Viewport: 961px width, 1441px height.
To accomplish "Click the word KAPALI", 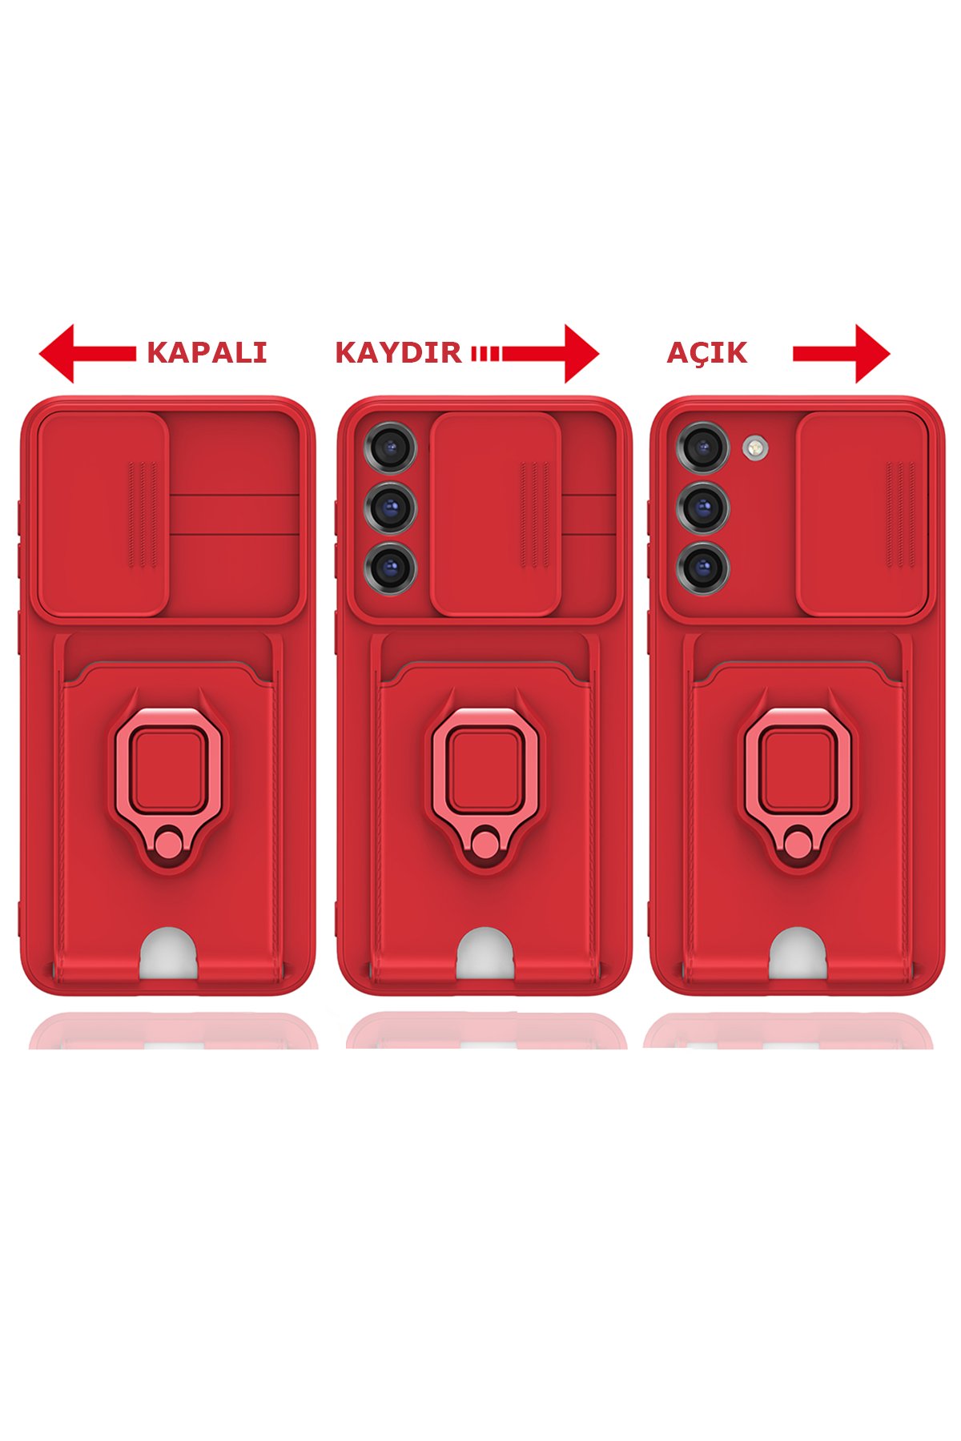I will point(207,353).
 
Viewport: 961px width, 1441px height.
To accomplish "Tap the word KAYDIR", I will point(398,353).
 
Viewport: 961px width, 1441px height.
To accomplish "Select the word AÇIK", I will point(706,353).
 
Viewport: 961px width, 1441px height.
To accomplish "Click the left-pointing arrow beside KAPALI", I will point(86,353).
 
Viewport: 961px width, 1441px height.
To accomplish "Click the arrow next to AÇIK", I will point(841,353).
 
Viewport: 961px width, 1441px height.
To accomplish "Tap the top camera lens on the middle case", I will point(391,446).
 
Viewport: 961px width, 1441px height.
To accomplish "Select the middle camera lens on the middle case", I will point(391,506).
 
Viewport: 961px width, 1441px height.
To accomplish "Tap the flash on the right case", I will point(754,448).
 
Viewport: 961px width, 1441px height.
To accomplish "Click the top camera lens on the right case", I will point(703,446).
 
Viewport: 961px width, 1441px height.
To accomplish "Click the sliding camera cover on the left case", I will point(103,514).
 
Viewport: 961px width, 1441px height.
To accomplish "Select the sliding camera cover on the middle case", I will point(495,514).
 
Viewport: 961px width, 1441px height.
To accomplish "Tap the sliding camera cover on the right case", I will point(862,514).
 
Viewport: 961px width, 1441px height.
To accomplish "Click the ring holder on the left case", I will point(168,769).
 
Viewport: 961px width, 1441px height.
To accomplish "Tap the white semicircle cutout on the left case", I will point(168,953).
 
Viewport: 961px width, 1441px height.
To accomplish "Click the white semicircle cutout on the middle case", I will point(485,953).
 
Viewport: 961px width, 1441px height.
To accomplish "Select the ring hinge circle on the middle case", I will point(484,843).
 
